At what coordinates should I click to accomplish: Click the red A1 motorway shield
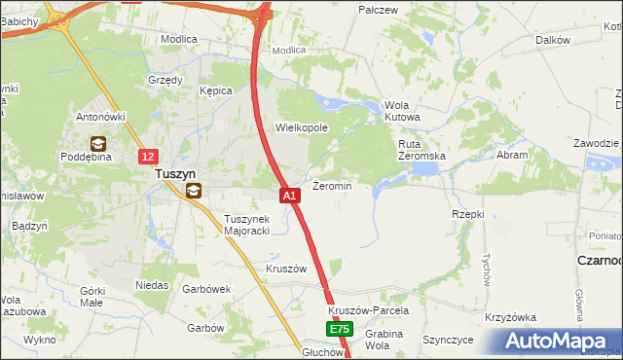pyautogui.click(x=289, y=196)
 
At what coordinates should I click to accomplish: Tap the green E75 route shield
pyautogui.click(x=338, y=331)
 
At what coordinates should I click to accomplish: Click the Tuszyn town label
pyautogui.click(x=176, y=175)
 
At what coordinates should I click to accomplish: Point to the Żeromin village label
pyautogui.click(x=331, y=185)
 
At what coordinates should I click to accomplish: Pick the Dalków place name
pyautogui.click(x=552, y=40)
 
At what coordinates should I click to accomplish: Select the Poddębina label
pyautogui.click(x=89, y=156)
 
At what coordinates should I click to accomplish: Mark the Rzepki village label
pyautogui.click(x=468, y=213)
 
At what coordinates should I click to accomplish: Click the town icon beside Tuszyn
pyautogui.click(x=194, y=191)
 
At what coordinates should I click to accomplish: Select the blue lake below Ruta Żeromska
pyautogui.click(x=424, y=169)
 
